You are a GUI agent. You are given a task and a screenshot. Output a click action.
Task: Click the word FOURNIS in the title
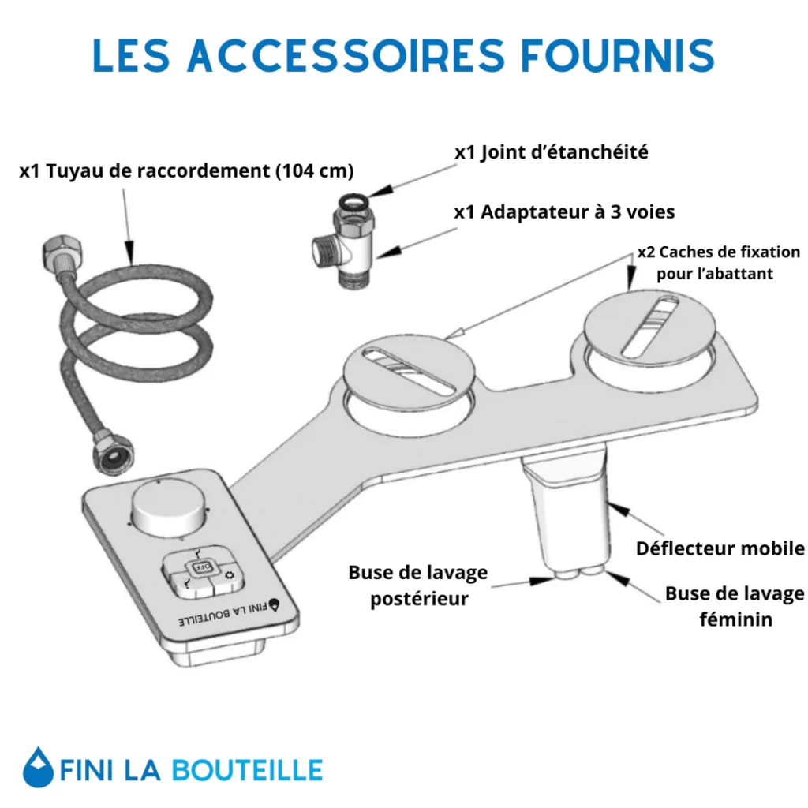[617, 54]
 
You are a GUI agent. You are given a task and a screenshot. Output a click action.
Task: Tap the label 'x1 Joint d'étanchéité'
[552, 152]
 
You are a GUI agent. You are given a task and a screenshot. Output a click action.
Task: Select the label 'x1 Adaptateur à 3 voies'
[564, 211]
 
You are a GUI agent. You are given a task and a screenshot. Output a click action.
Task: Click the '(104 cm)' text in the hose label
[315, 170]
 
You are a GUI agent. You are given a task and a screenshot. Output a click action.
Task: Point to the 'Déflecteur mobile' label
[720, 548]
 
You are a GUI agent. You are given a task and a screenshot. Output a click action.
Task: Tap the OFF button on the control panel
[200, 567]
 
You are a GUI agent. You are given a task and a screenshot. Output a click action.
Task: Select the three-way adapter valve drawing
[342, 241]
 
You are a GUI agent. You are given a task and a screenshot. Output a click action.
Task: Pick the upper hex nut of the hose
[62, 252]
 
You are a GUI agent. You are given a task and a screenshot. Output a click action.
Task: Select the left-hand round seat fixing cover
[409, 371]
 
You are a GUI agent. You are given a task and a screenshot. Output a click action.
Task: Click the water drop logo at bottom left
[38, 767]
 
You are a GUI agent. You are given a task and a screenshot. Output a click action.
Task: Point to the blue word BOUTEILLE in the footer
[247, 770]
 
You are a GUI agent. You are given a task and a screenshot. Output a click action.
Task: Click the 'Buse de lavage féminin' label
[735, 606]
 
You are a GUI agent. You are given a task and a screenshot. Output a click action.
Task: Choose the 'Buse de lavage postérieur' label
[418, 585]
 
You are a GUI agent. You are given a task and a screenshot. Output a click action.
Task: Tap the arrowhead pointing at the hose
[129, 252]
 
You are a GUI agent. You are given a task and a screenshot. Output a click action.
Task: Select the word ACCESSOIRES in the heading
[346, 54]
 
